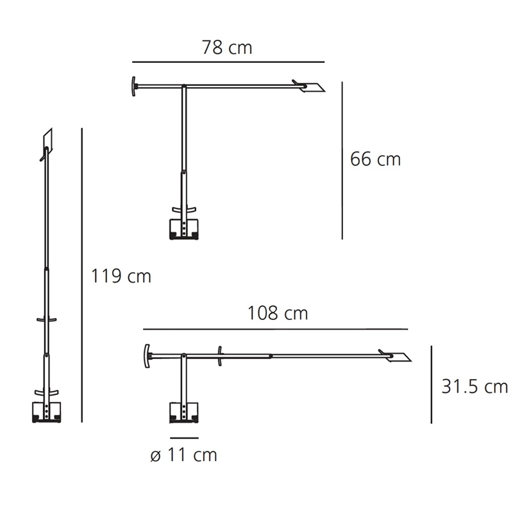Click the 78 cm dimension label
point(227,47)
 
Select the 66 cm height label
point(375,159)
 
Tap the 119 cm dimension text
point(121,276)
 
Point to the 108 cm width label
point(278,313)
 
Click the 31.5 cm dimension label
point(475,387)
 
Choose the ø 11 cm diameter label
point(184,455)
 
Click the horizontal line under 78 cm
point(228,62)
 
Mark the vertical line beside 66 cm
point(342,160)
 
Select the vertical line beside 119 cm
point(82,275)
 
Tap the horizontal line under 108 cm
point(276,329)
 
